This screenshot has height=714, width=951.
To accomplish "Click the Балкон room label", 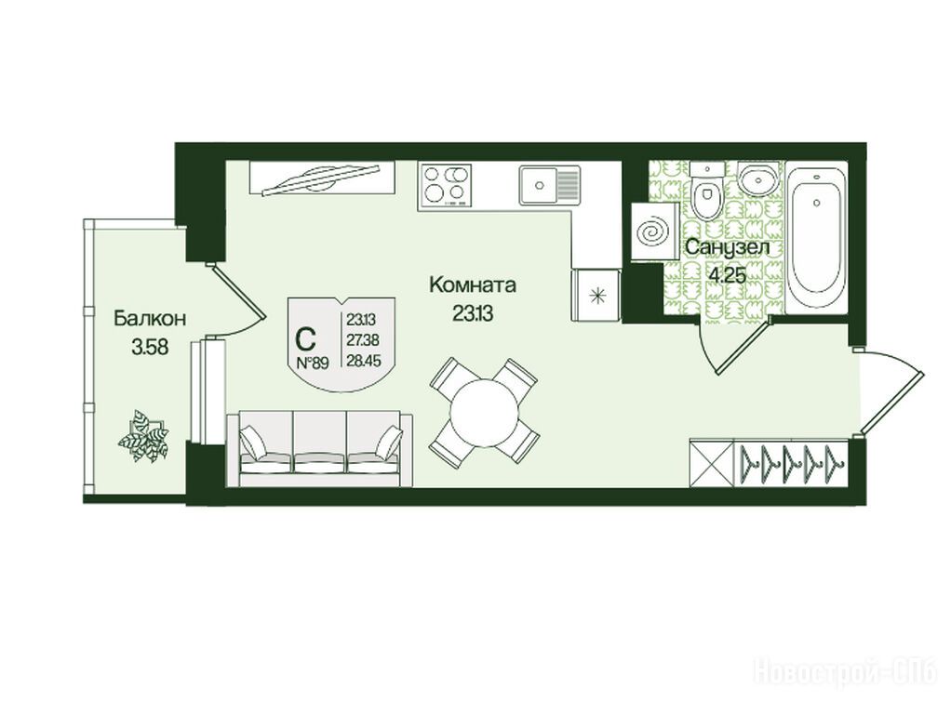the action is click(x=149, y=319).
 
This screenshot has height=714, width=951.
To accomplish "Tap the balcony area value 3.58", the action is click(x=149, y=348).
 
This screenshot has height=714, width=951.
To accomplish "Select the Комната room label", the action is click(x=473, y=284).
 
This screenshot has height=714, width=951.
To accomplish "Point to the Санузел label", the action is click(x=727, y=247).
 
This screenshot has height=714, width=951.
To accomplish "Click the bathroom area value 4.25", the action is click(x=727, y=276).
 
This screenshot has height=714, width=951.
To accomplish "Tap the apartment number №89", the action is click(x=313, y=364).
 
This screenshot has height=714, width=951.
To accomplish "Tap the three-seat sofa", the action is click(x=320, y=449).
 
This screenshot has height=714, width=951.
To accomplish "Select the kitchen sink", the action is click(x=549, y=184).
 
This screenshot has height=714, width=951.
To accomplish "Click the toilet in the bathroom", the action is click(x=706, y=193).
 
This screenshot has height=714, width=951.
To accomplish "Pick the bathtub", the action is click(x=816, y=237).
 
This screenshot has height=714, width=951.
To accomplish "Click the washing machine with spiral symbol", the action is click(x=654, y=232).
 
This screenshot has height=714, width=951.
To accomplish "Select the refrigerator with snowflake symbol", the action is click(x=596, y=296).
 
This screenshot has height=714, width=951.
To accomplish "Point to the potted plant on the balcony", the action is click(x=144, y=436).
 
